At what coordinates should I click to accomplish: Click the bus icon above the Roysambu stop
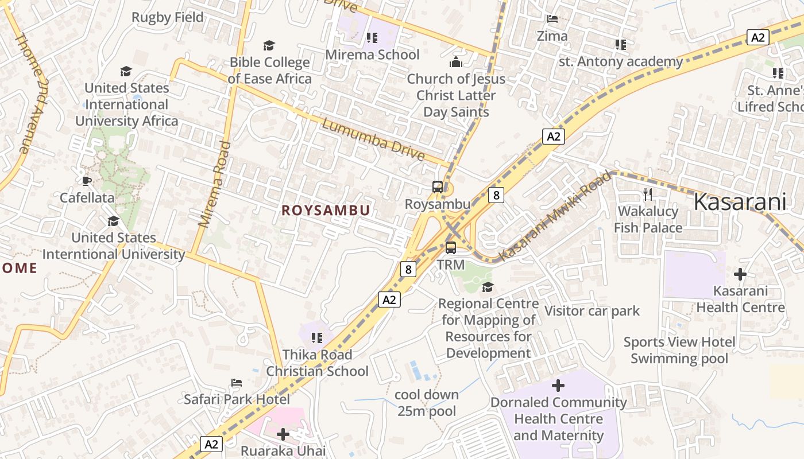coord(438,186)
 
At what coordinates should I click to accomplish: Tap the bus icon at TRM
coord(451,248)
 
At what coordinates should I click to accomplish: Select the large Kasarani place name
coord(740,202)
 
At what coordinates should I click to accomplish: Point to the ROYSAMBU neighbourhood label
coord(326,211)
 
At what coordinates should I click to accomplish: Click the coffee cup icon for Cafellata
coord(87,181)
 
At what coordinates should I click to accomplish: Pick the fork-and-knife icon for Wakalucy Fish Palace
coord(648,194)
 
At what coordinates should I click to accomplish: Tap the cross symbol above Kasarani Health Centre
coord(740,274)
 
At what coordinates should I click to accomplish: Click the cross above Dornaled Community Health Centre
coord(558,386)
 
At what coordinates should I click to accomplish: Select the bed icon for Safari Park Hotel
coord(236,383)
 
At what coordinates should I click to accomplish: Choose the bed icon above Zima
coord(552,19)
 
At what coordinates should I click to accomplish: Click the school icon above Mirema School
coord(372,38)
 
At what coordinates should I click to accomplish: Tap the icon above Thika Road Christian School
coord(316,338)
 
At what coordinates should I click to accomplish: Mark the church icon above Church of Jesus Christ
coord(456,62)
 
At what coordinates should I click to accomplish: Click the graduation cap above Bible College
coord(269,45)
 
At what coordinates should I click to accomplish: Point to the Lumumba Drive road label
coord(373,139)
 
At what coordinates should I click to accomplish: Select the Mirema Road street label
coord(214,184)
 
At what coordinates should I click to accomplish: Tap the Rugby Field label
coord(168,17)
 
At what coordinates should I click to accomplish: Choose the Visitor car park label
coord(592,311)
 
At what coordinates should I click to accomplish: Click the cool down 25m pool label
coord(427,403)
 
